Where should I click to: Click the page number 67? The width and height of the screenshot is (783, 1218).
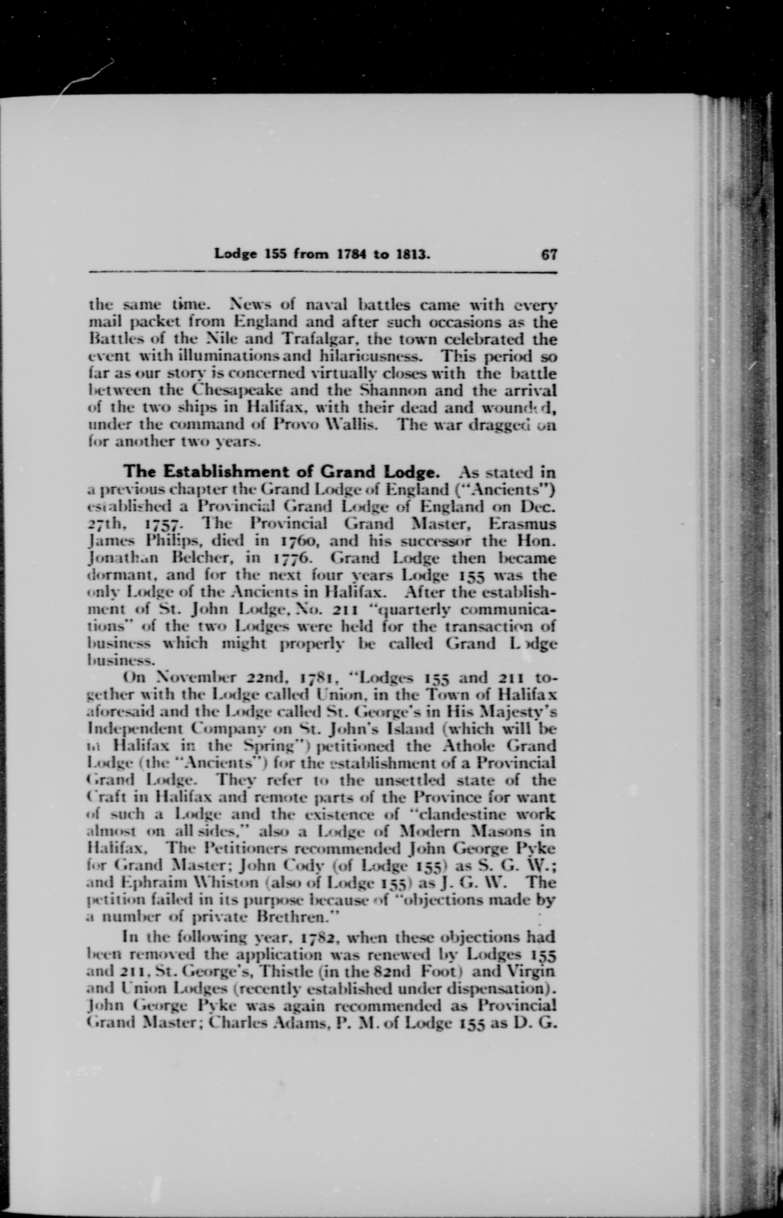(x=549, y=254)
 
